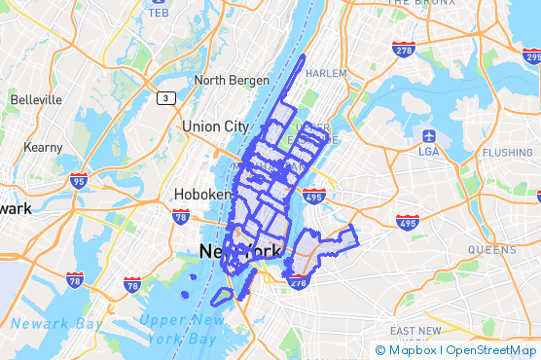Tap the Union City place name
(x=215, y=126)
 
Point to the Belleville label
(x=36, y=99)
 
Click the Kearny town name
(x=44, y=147)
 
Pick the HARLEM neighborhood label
(x=326, y=73)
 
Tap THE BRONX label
(x=423, y=3)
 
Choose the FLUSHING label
(x=508, y=153)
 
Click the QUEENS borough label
(x=492, y=250)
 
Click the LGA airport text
(x=429, y=151)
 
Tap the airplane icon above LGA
(x=429, y=134)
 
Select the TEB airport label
(x=159, y=13)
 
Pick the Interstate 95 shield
(x=79, y=180)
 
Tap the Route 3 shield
(x=166, y=98)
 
